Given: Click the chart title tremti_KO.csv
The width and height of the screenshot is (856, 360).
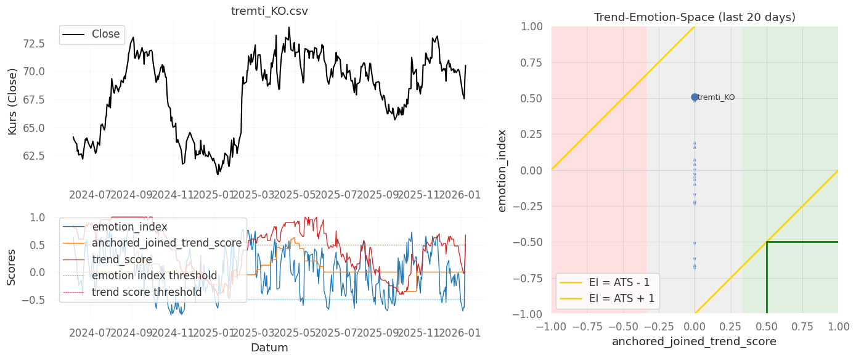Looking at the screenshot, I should tap(269, 11).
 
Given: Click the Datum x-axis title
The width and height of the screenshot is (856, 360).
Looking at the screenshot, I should tap(269, 348).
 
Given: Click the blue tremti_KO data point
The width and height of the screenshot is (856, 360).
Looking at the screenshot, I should tap(695, 97).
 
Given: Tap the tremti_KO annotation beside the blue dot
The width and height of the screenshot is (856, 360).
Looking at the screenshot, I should tap(716, 97).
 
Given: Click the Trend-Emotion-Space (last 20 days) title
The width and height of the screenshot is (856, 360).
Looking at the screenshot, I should tap(695, 17).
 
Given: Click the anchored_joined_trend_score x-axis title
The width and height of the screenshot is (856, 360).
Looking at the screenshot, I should tap(695, 341).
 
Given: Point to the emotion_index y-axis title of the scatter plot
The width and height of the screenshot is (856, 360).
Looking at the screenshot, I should tap(502, 170).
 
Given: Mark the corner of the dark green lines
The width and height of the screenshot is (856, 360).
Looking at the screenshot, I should tap(767, 242).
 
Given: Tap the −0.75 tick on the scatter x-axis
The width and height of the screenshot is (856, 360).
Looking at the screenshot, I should tap(587, 325).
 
